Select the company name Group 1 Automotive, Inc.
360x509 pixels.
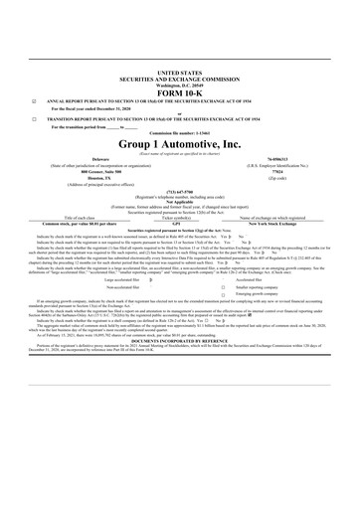[x=179, y=171]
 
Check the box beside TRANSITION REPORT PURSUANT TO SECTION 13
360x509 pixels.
[x=35, y=145]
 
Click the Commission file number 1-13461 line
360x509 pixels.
[x=179, y=161]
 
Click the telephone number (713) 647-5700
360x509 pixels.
[x=179, y=222]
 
